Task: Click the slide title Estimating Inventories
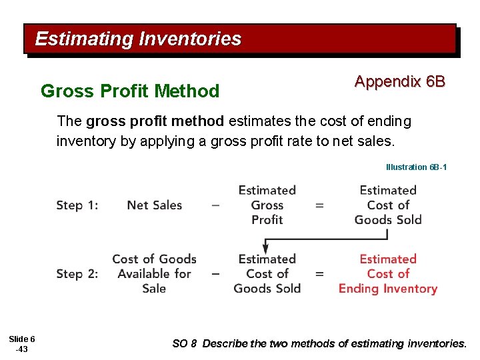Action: pyautogui.click(x=138, y=39)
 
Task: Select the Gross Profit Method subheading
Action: pyautogui.click(x=130, y=91)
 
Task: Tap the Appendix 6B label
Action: pyautogui.click(x=399, y=81)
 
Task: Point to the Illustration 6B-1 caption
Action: pyautogui.click(x=416, y=167)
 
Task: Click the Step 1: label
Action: pyautogui.click(x=77, y=205)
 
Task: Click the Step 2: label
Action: pyautogui.click(x=77, y=273)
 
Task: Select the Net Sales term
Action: pyautogui.click(x=154, y=205)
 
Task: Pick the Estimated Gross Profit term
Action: pyautogui.click(x=267, y=205)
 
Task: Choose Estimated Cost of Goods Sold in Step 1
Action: pyautogui.click(x=387, y=205)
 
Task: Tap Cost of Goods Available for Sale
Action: pyautogui.click(x=154, y=273)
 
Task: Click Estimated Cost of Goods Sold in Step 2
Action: pyautogui.click(x=267, y=273)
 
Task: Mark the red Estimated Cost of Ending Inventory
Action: pyautogui.click(x=387, y=273)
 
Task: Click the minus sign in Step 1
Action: pyautogui.click(x=215, y=205)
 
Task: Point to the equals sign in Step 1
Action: pyautogui.click(x=319, y=205)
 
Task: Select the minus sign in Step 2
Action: pyautogui.click(x=215, y=273)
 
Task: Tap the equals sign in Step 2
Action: pyautogui.click(x=319, y=273)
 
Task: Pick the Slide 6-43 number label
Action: pyautogui.click(x=22, y=344)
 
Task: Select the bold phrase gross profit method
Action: pyautogui.click(x=156, y=121)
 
